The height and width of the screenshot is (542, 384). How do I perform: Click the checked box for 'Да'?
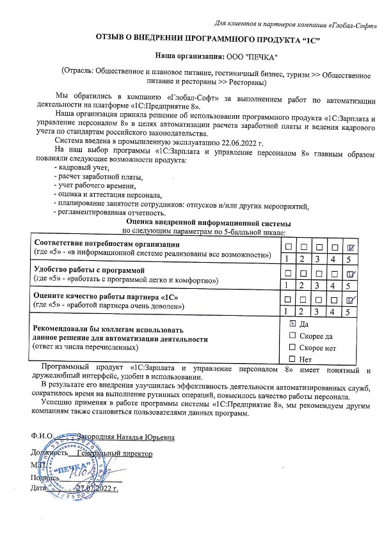tap(292, 324)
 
